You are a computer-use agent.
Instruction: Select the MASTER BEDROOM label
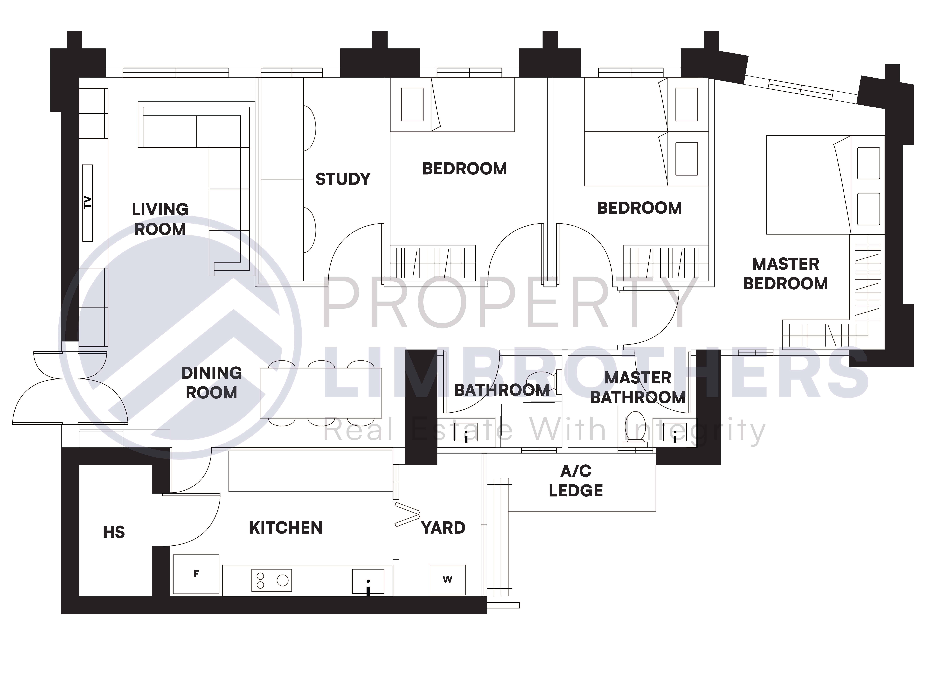(785, 274)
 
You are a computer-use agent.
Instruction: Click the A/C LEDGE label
(576, 481)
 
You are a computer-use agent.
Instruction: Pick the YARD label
(443, 528)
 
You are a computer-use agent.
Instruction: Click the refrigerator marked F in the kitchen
(196, 574)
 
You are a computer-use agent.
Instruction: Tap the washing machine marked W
(448, 579)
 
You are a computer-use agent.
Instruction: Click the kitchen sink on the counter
(368, 581)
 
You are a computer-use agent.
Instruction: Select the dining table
(321, 393)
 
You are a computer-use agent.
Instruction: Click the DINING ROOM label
(212, 383)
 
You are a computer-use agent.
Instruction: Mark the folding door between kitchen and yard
(407, 516)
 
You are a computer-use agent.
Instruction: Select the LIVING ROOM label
(160, 219)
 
